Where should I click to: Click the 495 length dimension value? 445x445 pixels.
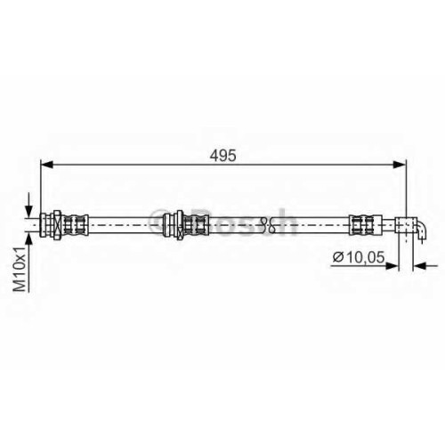tap(222, 156)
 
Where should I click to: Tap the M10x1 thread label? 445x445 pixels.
tap(20, 269)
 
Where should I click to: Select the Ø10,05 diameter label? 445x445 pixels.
tap(359, 257)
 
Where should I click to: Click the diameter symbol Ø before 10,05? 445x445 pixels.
tap(338, 257)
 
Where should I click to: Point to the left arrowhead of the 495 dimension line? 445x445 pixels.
tap(46, 165)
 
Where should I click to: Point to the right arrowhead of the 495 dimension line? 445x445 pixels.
tap(400, 165)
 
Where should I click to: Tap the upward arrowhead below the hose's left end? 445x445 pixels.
tap(28, 239)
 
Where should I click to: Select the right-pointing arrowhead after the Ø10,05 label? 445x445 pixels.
tap(392, 266)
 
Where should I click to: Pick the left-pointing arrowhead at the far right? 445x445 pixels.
tap(420, 266)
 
